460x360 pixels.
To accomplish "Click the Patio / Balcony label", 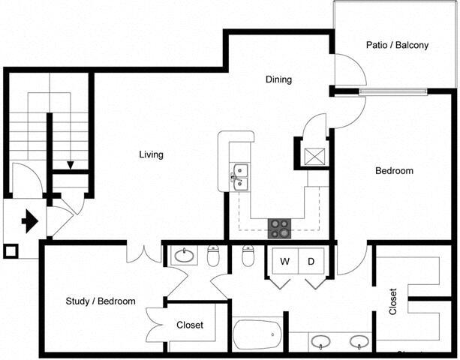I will pyautogui.click(x=397, y=45).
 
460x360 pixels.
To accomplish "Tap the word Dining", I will pyautogui.click(x=278, y=79).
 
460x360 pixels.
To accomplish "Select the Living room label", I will pyautogui.click(x=151, y=154).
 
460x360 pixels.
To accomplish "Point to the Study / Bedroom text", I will pyautogui.click(x=101, y=301).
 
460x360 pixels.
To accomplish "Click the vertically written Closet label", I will pyautogui.click(x=392, y=301).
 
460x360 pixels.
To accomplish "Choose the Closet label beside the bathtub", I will pyautogui.click(x=189, y=325).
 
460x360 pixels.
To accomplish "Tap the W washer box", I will pyautogui.click(x=285, y=262).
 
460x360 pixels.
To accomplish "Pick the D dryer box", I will pyautogui.click(x=310, y=262).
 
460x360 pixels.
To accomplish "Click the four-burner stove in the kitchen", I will pyautogui.click(x=280, y=229).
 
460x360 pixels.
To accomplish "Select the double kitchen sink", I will pyautogui.click(x=240, y=176).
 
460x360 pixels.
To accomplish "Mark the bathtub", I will pyautogui.click(x=257, y=335).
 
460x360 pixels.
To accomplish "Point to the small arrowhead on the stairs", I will pyautogui.click(x=70, y=166).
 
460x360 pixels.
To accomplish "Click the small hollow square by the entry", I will pyautogui.click(x=11, y=250).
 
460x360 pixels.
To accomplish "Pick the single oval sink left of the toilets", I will pyautogui.click(x=185, y=256).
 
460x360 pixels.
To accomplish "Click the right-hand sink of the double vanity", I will pyautogui.click(x=359, y=342).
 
